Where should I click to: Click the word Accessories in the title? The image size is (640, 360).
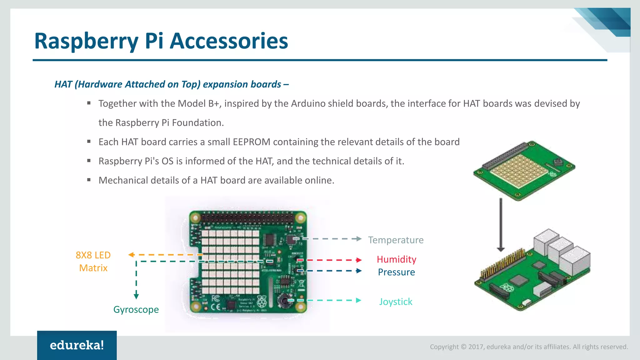229,41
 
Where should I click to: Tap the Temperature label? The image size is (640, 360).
396,240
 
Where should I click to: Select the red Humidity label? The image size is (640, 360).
396,259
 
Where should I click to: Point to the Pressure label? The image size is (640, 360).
396,272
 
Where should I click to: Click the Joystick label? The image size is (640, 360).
396,302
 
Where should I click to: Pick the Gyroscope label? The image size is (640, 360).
136,310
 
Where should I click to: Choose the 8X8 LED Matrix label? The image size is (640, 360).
93,262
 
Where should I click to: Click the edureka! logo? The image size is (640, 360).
77,345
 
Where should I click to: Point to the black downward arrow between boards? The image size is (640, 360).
501,225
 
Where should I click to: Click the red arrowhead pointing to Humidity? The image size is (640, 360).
359,260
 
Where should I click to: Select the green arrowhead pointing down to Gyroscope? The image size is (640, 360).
136,296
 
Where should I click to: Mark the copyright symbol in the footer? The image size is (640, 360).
463,347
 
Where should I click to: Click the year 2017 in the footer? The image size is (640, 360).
476,347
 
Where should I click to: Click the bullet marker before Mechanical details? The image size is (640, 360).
89,180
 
